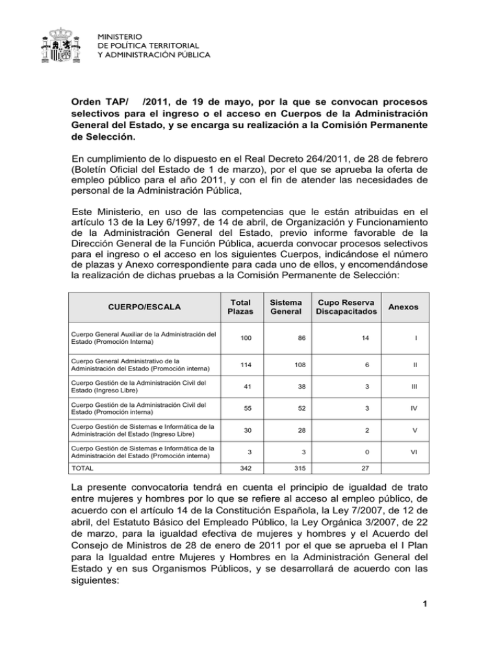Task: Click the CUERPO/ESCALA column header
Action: pos(134,306)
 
